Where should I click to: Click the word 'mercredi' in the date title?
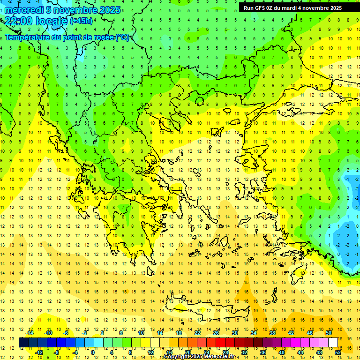(x=24, y=10)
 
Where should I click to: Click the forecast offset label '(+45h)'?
(x=81, y=21)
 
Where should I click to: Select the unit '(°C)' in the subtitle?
(x=122, y=37)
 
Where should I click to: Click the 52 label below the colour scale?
(x=338, y=352)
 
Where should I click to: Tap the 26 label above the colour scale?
(x=216, y=333)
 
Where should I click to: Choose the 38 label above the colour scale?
(x=272, y=333)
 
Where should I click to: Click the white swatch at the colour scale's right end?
(x=333, y=343)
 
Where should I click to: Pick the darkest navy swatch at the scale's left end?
(x=23, y=343)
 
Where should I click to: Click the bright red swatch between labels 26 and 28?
(x=220, y=343)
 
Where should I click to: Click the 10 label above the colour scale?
(x=141, y=333)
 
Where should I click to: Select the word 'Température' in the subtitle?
(x=28, y=37)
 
